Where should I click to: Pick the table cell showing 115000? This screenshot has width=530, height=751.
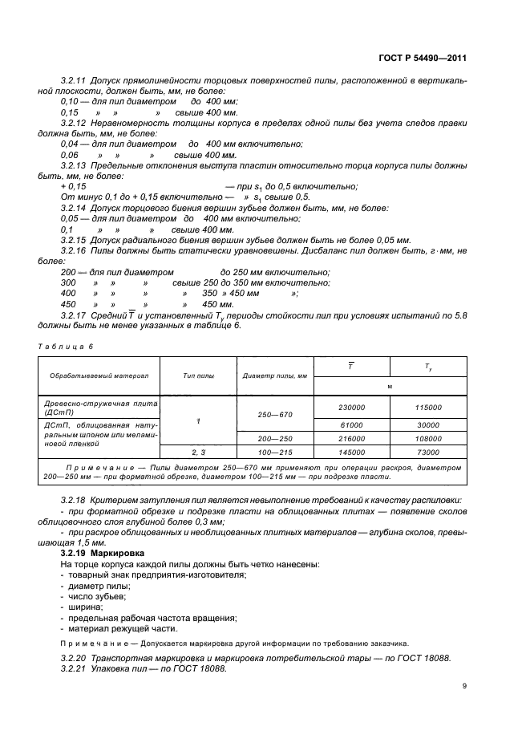click(428, 408)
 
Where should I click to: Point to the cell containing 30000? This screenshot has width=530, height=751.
click(428, 424)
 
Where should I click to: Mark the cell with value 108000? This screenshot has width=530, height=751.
click(428, 439)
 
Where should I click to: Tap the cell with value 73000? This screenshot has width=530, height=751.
click(428, 453)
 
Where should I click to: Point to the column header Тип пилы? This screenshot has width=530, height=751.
click(197, 375)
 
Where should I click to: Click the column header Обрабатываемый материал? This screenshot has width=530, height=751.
click(99, 375)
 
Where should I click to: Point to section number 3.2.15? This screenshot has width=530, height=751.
click(73, 240)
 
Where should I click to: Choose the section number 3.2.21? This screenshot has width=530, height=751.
click(73, 670)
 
